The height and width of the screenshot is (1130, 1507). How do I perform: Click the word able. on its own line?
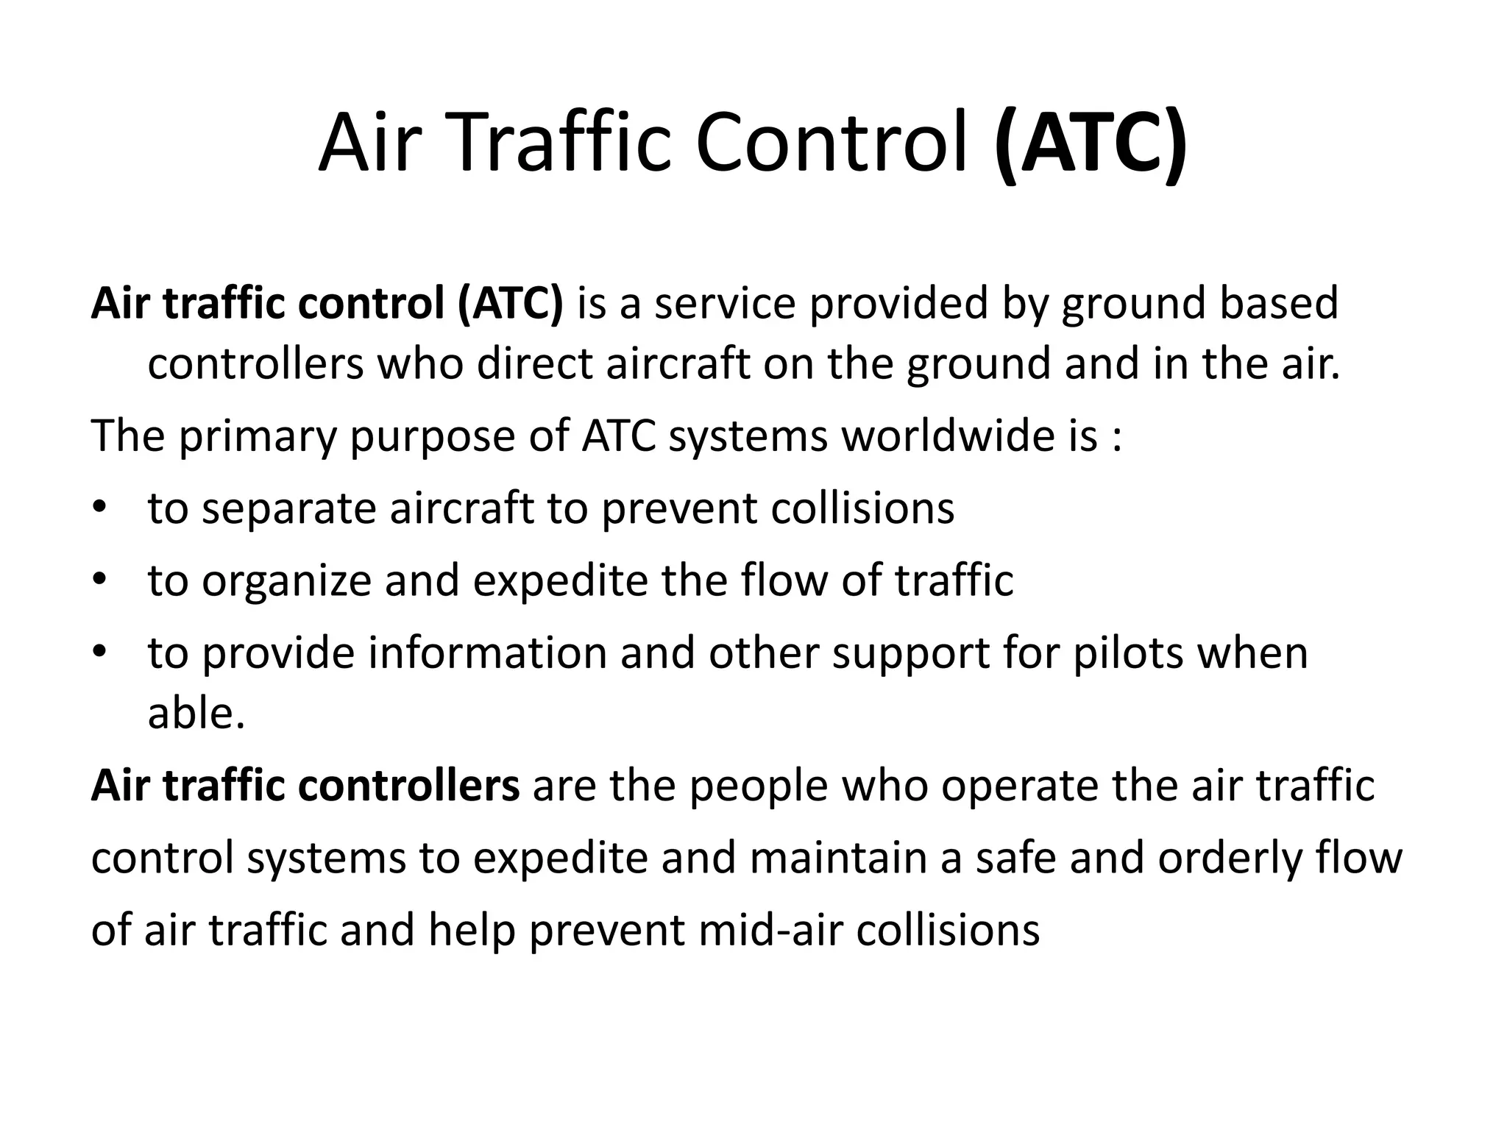tap(196, 713)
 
